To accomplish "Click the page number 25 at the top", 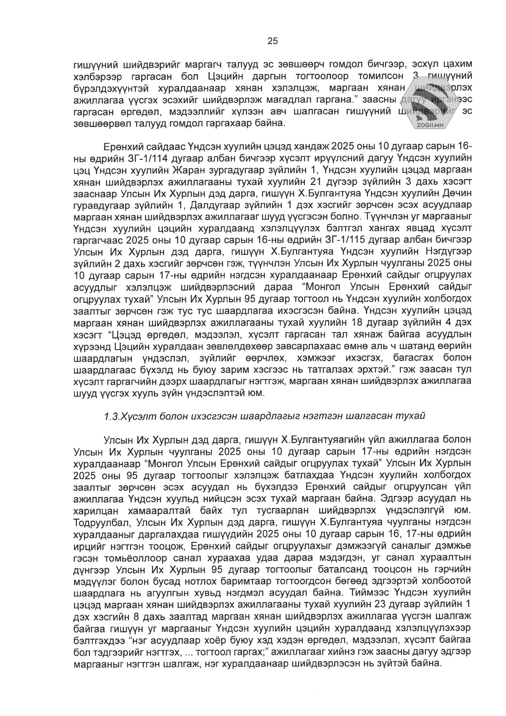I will (x=273, y=41).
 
